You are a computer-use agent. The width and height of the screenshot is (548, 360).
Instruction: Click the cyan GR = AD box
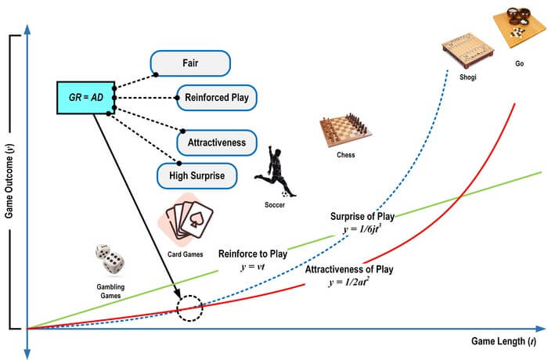click(x=86, y=98)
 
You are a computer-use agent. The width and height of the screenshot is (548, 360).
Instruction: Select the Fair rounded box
click(x=189, y=63)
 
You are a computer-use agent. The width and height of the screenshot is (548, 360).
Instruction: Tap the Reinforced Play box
click(x=216, y=99)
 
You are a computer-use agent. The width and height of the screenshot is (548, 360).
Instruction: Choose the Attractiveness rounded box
click(x=216, y=142)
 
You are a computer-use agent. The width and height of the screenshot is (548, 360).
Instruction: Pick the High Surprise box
click(x=196, y=175)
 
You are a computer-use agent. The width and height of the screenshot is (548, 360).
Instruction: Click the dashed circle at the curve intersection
click(x=190, y=308)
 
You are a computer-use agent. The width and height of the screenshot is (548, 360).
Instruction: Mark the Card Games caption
click(x=185, y=254)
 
